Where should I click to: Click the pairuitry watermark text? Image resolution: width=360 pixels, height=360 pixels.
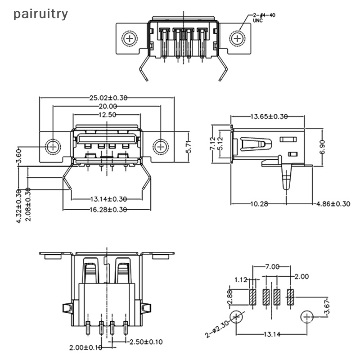point(40,14)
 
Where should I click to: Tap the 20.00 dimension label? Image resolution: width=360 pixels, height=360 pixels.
point(107,106)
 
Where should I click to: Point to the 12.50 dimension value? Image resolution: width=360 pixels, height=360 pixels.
point(107,115)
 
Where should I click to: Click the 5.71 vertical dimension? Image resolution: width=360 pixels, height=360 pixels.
point(189,146)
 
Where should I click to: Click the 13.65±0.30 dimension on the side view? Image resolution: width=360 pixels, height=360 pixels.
point(269,117)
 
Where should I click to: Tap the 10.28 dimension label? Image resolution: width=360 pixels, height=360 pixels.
point(260,204)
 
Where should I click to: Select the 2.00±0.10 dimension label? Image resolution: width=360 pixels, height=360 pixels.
point(85,348)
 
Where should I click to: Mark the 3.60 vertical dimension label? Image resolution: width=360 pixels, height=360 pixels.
point(19,156)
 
